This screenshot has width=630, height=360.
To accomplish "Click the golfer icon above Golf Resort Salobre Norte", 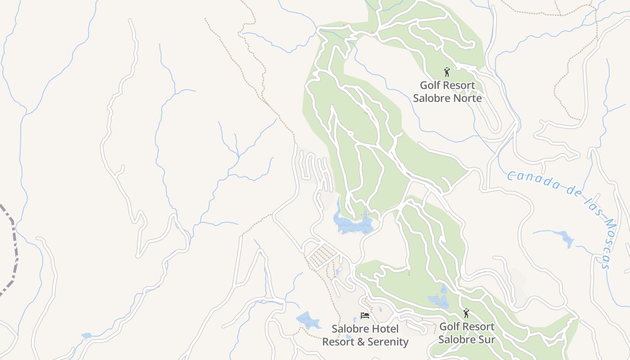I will pos(446,72).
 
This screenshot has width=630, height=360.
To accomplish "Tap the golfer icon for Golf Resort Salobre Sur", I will pos(466,313).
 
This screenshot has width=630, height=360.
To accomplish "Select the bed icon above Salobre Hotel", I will pos(364,315).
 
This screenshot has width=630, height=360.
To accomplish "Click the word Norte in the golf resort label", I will pos(466,98).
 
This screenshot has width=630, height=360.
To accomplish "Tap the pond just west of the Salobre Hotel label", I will pos(307,320).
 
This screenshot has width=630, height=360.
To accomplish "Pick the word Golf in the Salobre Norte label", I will pos(430,85).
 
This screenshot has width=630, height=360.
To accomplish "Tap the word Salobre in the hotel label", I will pos(349,329).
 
